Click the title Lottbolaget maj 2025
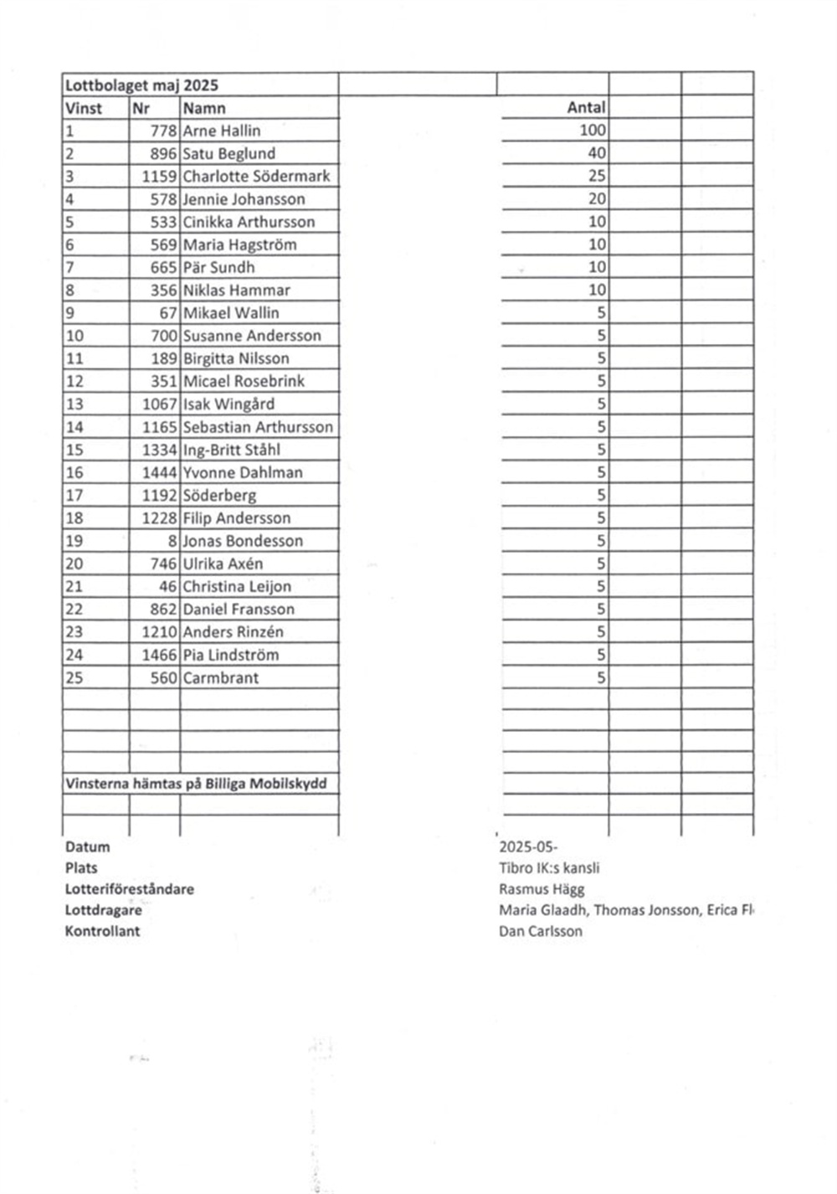coord(141,85)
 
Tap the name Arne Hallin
coord(222,131)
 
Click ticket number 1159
coord(159,177)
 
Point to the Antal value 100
coord(592,131)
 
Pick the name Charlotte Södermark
coord(256,177)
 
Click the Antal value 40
coord(596,153)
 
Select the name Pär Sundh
coord(218,268)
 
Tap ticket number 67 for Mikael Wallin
coord(167,313)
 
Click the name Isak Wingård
coord(229,404)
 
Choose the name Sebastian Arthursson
coord(258,427)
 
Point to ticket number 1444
coord(159,473)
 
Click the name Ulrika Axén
coord(223,564)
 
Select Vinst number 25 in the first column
coord(74,678)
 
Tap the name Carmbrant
coord(221,678)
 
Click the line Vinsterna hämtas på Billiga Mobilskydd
coord(196,785)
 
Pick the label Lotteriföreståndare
coord(129,889)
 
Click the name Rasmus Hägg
coord(542,889)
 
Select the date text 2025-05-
coord(528,847)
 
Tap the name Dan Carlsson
coord(541,931)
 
